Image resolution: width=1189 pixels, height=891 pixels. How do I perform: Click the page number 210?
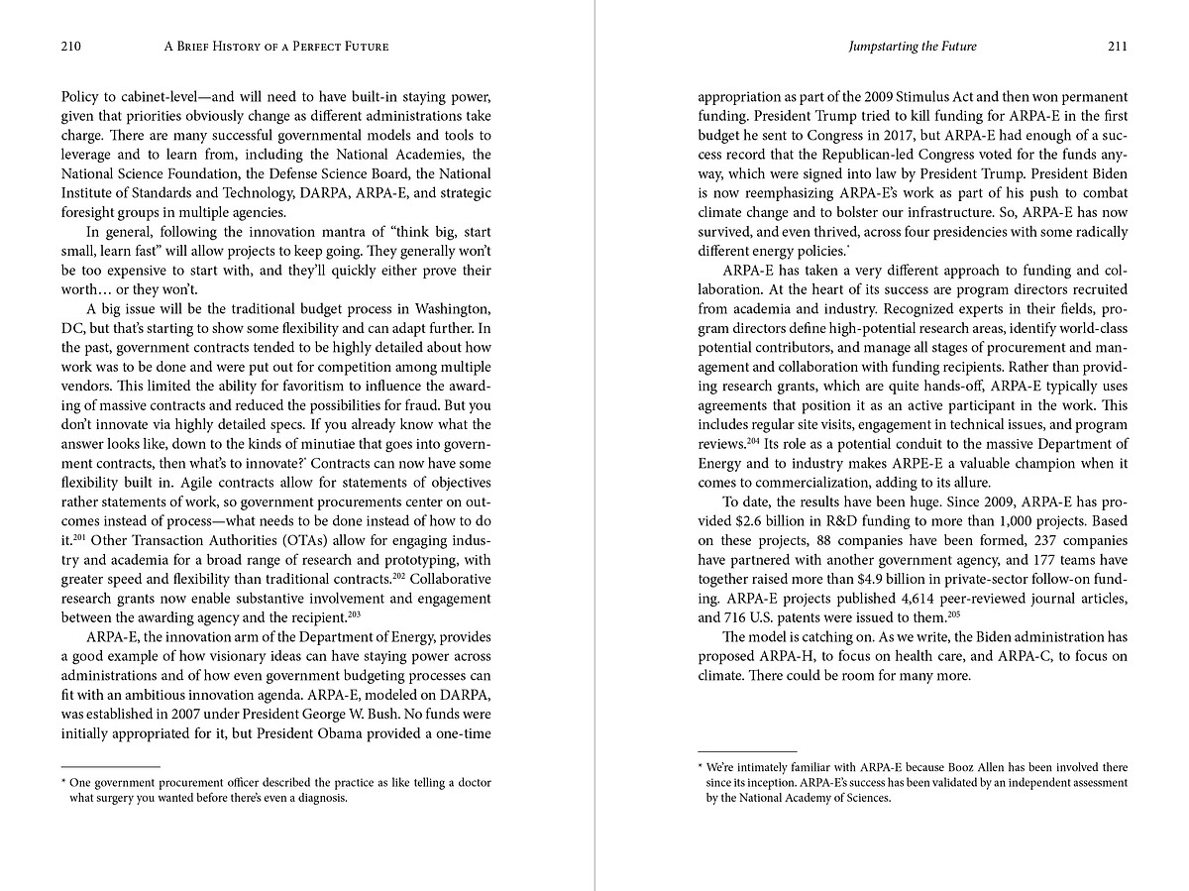(x=70, y=46)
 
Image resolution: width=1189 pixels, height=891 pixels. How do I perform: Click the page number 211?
(x=1117, y=46)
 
